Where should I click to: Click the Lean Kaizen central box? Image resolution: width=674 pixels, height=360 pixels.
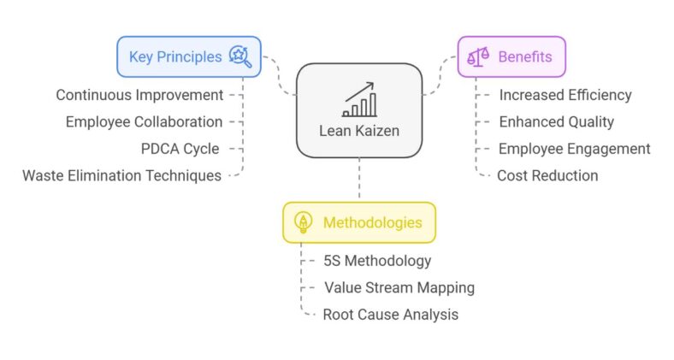coord(359,111)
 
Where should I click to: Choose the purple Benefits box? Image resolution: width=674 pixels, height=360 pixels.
coord(511,57)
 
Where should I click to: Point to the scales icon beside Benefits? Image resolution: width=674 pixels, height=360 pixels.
coord(476,57)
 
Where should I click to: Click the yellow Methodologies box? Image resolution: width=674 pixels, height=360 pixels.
coord(358,222)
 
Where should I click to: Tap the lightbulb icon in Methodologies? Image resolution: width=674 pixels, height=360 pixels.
coord(303,222)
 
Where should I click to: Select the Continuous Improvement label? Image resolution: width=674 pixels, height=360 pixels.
coord(139,95)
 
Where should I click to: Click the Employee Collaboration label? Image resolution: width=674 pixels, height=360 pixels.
coord(144,121)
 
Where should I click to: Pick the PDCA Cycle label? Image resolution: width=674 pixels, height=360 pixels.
coord(180,149)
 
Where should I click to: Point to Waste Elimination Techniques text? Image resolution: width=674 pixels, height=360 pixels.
coord(121,175)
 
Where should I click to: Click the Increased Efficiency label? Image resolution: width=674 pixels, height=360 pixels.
coord(565,95)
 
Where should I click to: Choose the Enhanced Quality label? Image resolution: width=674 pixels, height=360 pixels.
coord(556,121)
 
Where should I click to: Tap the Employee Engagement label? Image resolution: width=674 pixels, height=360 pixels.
coord(574,149)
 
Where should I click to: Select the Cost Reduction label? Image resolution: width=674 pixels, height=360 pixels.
coord(547,175)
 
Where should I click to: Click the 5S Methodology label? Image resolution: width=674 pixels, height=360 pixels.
coord(376,261)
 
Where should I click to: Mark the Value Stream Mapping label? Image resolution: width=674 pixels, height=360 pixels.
coord(399,287)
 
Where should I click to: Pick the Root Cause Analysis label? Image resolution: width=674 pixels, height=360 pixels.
coord(390,315)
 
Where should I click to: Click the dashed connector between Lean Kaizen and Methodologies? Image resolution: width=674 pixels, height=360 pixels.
coord(359,180)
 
